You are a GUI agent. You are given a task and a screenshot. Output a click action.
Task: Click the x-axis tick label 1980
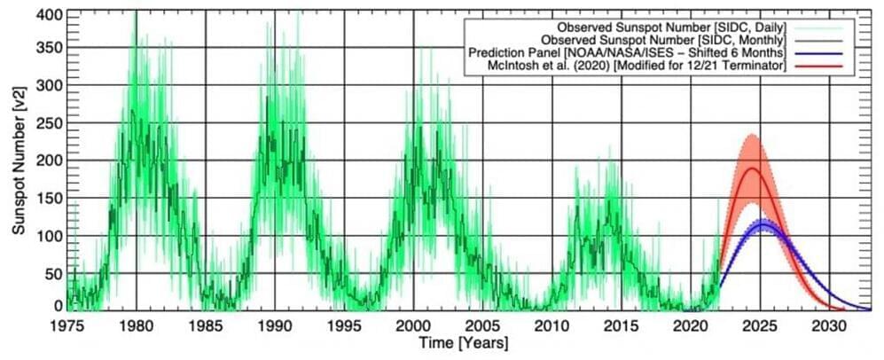136,326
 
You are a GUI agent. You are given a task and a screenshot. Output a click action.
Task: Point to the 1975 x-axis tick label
66,326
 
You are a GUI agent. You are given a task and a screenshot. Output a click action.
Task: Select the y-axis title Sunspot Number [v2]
18,160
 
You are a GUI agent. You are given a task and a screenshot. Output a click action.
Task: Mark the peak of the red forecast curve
752,168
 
